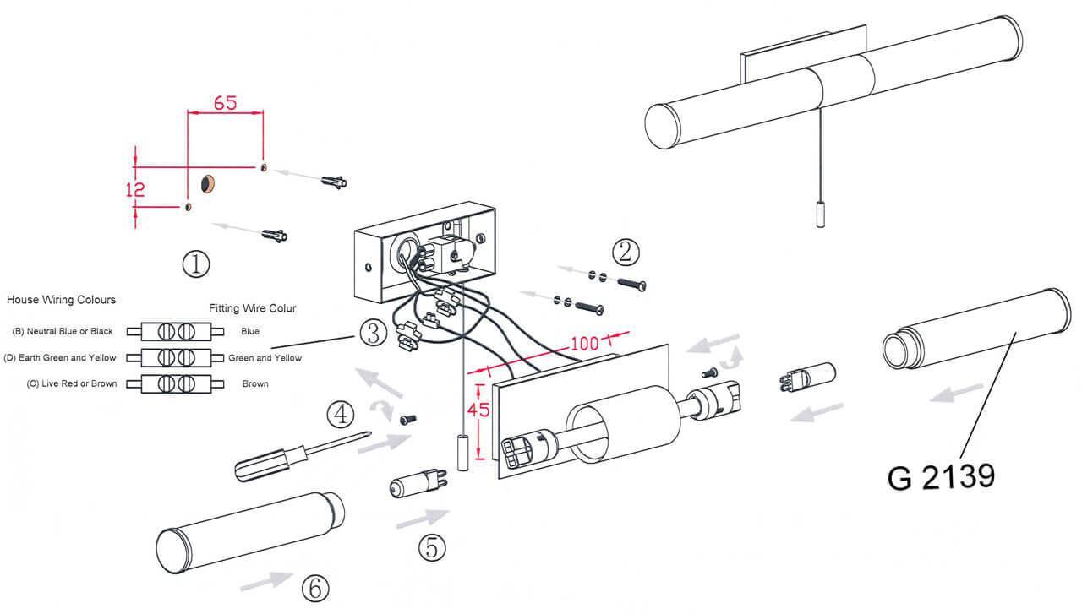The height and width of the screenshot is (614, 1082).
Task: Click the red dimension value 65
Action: pyautogui.click(x=225, y=103)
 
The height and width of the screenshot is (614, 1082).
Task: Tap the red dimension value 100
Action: pyautogui.click(x=584, y=344)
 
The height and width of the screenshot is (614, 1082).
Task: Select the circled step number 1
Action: pyautogui.click(x=195, y=264)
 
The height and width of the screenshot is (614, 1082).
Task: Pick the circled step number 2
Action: pyautogui.click(x=626, y=252)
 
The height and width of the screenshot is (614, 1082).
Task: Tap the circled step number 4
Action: pyautogui.click(x=340, y=415)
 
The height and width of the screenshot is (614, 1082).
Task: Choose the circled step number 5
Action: pyautogui.click(x=431, y=548)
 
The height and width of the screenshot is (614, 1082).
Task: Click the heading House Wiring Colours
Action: pyautogui.click(x=61, y=300)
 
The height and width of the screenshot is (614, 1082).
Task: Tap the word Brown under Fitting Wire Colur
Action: pyautogui.click(x=255, y=383)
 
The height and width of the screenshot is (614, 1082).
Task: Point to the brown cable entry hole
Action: pyautogui.click(x=208, y=182)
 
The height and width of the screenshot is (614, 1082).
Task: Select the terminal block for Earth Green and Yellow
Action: pyautogui.click(x=175, y=357)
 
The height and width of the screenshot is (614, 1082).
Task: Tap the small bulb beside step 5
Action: pyautogui.click(x=412, y=486)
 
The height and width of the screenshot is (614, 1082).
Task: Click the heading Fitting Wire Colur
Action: pyautogui.click(x=253, y=309)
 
